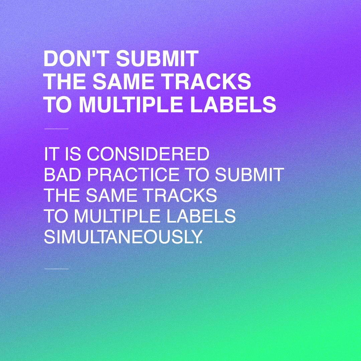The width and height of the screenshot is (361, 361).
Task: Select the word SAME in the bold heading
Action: point(123,82)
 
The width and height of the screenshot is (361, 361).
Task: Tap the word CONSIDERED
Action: point(148,154)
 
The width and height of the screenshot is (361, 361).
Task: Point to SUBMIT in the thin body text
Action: point(249,174)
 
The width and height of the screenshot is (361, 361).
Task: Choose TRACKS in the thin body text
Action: point(180,195)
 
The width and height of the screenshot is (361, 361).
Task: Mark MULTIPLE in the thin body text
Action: point(117,216)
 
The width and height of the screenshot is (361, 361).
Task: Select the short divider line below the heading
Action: point(56,129)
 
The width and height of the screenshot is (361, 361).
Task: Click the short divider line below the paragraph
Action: point(56,269)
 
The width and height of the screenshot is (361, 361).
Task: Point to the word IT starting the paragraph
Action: point(50,154)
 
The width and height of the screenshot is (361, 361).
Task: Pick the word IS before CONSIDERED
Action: point(73,154)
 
